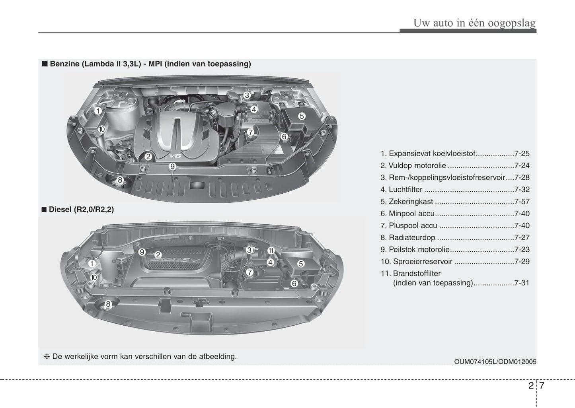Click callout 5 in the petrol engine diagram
[302, 116]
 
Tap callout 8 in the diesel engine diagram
[108, 304]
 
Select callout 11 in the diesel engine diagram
[271, 251]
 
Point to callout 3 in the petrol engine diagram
[247, 95]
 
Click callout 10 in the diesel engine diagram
[94, 278]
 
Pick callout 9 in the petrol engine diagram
[172, 166]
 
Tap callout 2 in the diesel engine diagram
[158, 255]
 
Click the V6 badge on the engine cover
[175, 156]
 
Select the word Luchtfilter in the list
[405, 190]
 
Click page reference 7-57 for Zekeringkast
[522, 202]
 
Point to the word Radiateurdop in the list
[412, 237]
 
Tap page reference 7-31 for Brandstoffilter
[522, 283]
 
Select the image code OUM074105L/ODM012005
[495, 361]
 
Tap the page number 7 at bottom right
[542, 385]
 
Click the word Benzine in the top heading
[64, 64]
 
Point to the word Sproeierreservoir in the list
[423, 261]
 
